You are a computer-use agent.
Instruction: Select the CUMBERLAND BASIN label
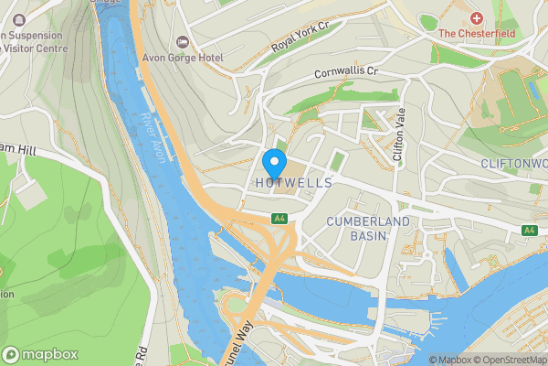pos(357,228)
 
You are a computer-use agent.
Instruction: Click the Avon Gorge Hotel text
pos(183,57)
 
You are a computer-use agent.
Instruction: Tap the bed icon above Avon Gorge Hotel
pos(182,41)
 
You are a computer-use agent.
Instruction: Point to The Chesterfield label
pos(478,34)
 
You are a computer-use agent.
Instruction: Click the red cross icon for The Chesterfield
pos(476,18)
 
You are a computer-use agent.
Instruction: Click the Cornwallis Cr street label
pos(345,71)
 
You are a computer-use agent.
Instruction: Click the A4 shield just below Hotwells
pos(279,219)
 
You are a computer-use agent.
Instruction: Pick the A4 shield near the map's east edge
pos(529,230)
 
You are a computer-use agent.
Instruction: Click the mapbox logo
pos(40,353)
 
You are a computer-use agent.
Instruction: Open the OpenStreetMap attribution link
pos(510,360)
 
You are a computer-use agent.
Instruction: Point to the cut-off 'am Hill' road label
pos(17,147)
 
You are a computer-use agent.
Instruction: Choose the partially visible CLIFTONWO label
pos(514,163)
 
